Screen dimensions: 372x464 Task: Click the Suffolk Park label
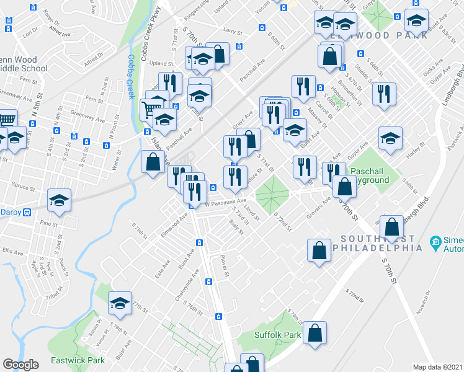(x=277, y=335)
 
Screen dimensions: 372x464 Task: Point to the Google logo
(x=20, y=365)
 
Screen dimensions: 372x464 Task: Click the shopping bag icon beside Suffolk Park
(x=315, y=332)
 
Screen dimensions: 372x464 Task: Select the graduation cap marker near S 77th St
(x=120, y=302)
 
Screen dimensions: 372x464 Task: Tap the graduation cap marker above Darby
(x=60, y=199)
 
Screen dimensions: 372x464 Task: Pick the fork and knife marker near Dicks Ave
(x=384, y=94)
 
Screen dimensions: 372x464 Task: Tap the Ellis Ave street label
(x=12, y=251)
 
